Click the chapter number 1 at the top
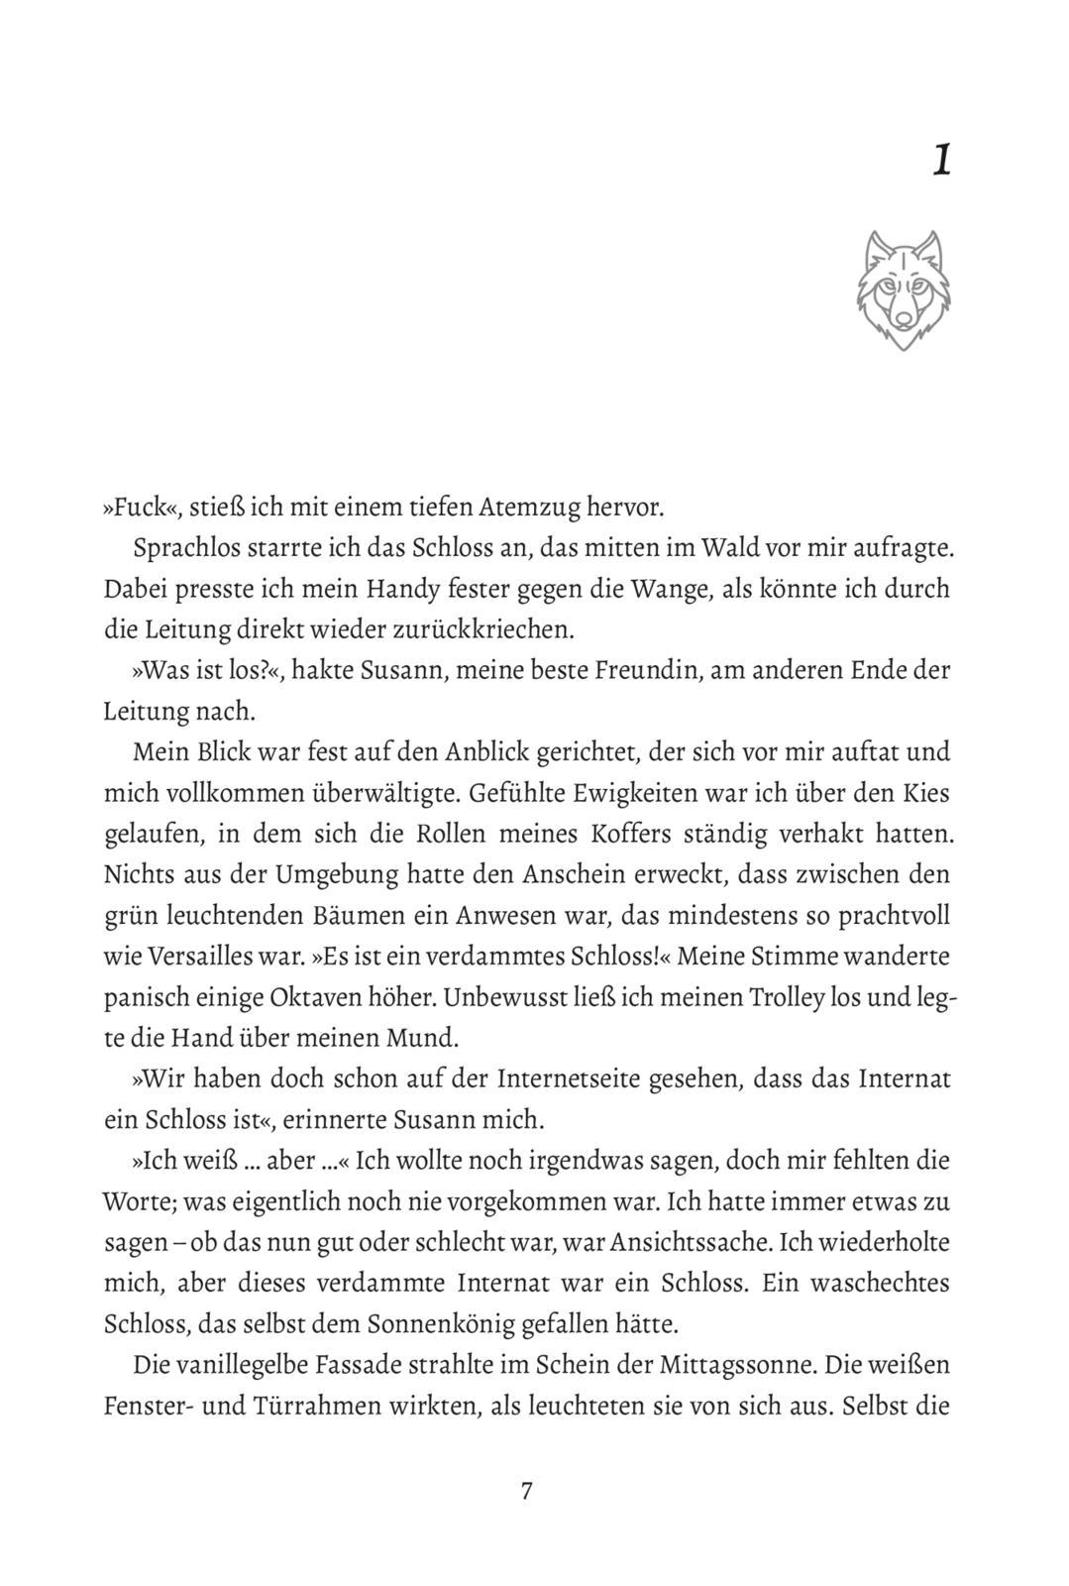(942, 161)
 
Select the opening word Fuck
(134, 508)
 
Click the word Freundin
(652, 670)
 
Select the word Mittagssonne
(736, 1365)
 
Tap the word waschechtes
(881, 1283)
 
